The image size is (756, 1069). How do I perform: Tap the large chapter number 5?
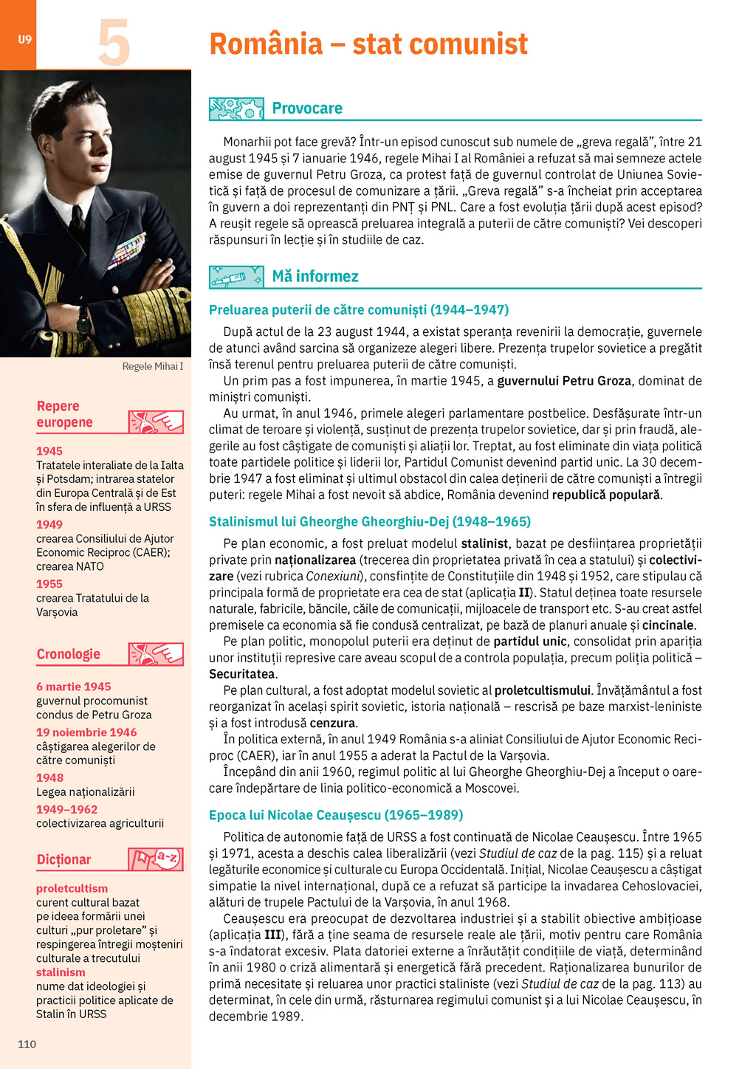coord(114,44)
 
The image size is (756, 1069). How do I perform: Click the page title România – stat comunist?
coord(368,44)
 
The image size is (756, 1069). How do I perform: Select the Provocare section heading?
coord(306,109)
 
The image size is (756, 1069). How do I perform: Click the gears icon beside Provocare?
coord(236,109)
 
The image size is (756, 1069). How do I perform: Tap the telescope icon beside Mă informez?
coord(236,277)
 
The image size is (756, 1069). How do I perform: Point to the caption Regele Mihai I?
coord(152,366)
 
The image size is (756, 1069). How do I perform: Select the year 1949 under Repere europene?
coord(49,524)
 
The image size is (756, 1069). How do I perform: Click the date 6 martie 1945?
coord(73,687)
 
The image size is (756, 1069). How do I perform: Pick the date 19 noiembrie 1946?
coord(86,732)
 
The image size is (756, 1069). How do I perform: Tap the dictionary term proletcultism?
coord(72,889)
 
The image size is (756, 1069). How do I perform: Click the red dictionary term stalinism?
coord(61,972)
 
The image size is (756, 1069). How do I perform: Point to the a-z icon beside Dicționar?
coord(157,859)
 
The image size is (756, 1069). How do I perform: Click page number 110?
coord(27,1044)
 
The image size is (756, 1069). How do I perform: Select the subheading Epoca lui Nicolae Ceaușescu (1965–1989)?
coord(336,815)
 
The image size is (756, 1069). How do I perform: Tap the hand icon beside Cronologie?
coord(157,654)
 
